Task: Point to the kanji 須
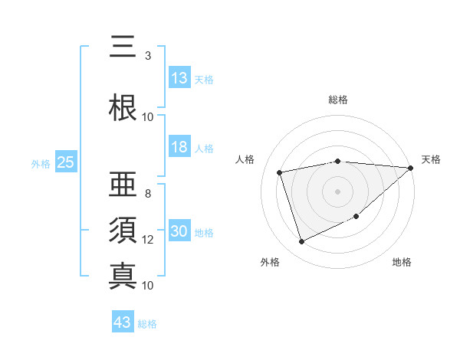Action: (123, 231)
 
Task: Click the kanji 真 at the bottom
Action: (123, 276)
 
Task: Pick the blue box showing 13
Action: (179, 78)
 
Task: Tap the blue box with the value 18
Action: (179, 148)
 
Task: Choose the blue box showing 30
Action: (179, 232)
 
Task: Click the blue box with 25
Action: (65, 162)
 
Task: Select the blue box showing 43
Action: (123, 322)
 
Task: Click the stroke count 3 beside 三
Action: (148, 56)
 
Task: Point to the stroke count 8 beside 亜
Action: (148, 194)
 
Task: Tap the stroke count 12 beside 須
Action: (148, 240)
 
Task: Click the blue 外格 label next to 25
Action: (41, 163)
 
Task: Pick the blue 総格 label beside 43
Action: (147, 323)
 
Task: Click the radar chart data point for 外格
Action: (301, 242)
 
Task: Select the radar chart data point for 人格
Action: (280, 172)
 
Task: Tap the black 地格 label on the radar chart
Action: (402, 263)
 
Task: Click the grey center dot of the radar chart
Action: (337, 191)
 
